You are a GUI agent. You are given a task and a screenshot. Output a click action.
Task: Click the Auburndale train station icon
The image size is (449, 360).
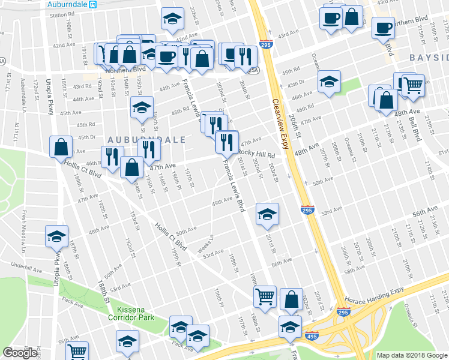coord(93,4)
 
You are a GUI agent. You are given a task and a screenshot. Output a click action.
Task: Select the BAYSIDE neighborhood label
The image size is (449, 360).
coord(429,57)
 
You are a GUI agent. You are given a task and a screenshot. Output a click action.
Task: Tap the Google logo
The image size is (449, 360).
coord(20,353)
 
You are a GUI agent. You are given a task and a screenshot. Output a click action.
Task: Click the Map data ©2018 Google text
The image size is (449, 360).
coord(411,355)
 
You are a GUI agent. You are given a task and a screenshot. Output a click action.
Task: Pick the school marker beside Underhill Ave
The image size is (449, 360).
coord(57,236)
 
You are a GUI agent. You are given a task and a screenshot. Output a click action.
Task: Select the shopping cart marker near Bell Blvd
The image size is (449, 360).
coord(413,85)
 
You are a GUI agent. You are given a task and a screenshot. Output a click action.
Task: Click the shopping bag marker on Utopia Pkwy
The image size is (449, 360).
coord(61,146)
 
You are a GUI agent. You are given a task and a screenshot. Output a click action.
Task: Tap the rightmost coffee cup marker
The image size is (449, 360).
coord(383,27)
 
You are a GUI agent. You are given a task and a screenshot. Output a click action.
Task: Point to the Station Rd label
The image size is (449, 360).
coord(62,14)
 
